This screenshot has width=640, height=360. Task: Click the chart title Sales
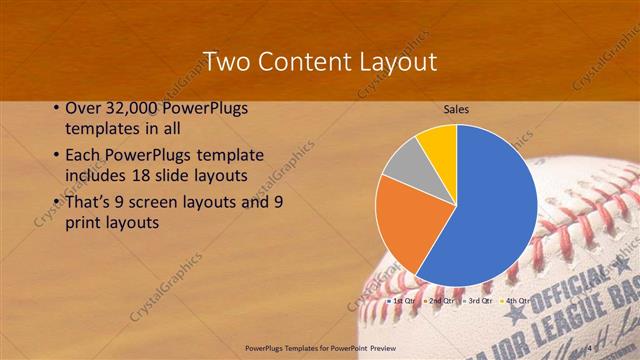(457, 109)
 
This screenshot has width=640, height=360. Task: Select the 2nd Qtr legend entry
(439, 300)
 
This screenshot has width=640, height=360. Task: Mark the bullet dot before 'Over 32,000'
(54, 108)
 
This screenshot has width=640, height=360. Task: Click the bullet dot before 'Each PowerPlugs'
(54, 156)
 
